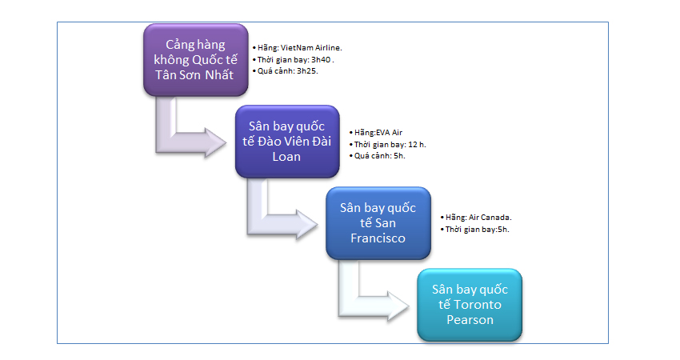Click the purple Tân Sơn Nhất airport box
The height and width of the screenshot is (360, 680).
tap(194, 60)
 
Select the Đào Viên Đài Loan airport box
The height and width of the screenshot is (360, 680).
tap(286, 142)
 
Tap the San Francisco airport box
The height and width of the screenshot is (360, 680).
tap(378, 223)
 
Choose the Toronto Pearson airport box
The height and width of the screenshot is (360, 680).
tap(470, 305)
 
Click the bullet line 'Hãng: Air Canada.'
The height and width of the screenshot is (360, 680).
tap(478, 217)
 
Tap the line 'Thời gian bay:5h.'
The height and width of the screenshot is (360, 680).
tap(477, 229)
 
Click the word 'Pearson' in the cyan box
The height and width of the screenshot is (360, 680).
tap(470, 320)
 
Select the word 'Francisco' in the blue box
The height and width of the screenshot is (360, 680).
tap(378, 238)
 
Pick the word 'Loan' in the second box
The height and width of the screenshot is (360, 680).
tap(286, 157)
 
